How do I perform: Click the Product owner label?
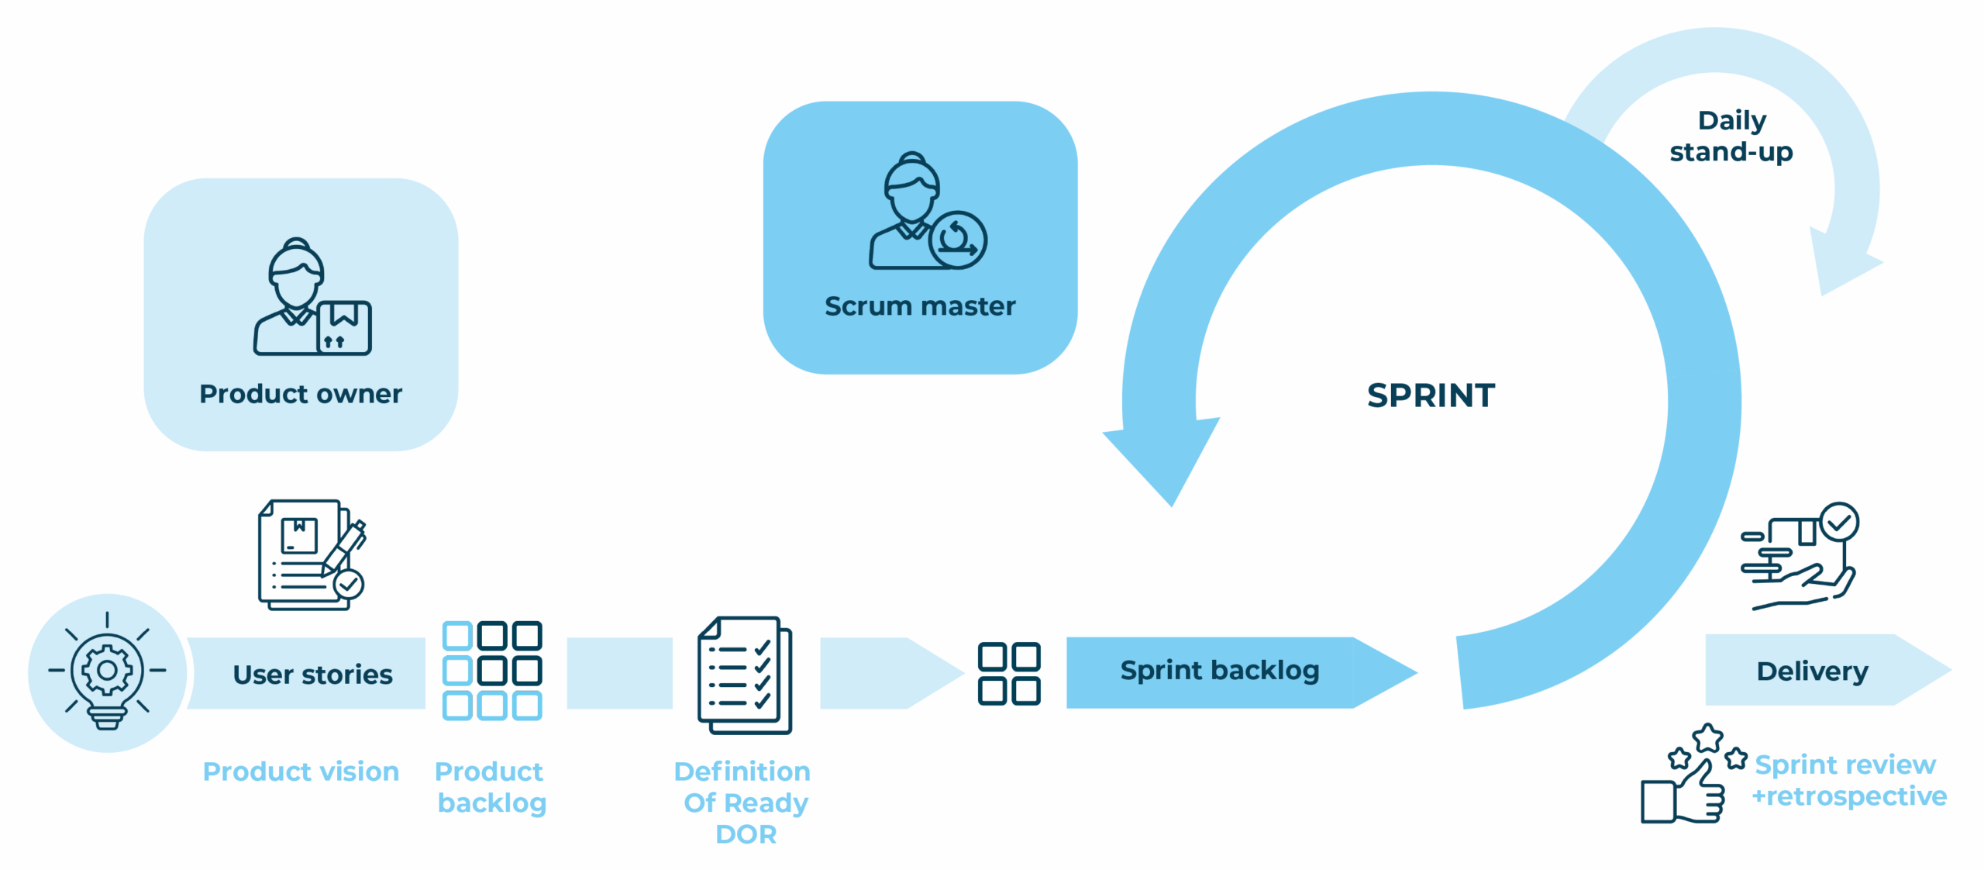coord(301,394)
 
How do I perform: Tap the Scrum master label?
coord(920,306)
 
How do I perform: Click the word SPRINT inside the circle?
coord(1431,395)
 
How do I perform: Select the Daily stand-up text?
coord(1731,136)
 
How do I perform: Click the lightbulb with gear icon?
coord(107,671)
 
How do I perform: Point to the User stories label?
coord(313,675)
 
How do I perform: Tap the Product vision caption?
coord(301,772)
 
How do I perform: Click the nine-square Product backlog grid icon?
coord(492,671)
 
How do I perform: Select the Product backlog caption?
coord(491,787)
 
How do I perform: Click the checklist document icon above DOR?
coord(745,675)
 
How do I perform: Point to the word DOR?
coord(746,834)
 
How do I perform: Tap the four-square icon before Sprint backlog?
coord(1009,673)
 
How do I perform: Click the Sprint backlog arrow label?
coord(1220,671)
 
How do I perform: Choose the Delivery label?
coord(1812,671)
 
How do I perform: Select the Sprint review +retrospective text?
coord(1849,781)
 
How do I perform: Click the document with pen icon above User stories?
coord(312,555)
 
